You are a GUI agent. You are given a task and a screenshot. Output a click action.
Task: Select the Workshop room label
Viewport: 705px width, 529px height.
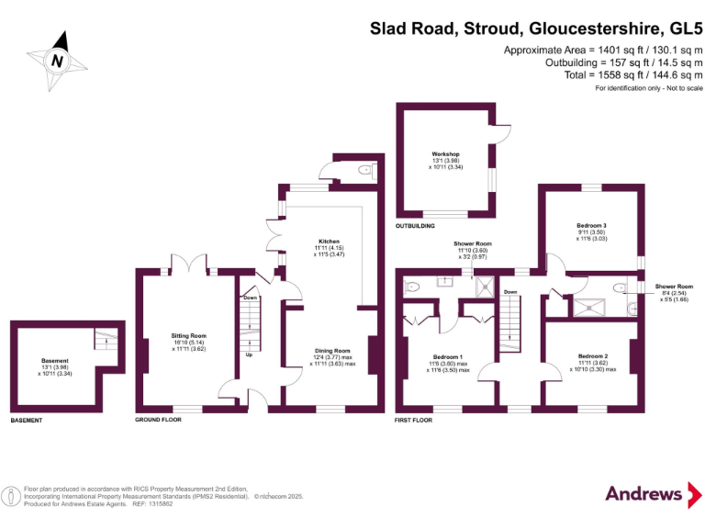[445, 154]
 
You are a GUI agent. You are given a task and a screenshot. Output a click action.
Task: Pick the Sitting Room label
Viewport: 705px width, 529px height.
[188, 336]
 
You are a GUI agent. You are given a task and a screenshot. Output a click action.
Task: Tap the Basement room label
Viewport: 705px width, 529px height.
[55, 361]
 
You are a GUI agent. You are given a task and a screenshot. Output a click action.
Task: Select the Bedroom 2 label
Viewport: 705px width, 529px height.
[593, 355]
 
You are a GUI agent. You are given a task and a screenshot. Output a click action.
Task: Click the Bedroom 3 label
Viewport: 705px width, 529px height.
[592, 226]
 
